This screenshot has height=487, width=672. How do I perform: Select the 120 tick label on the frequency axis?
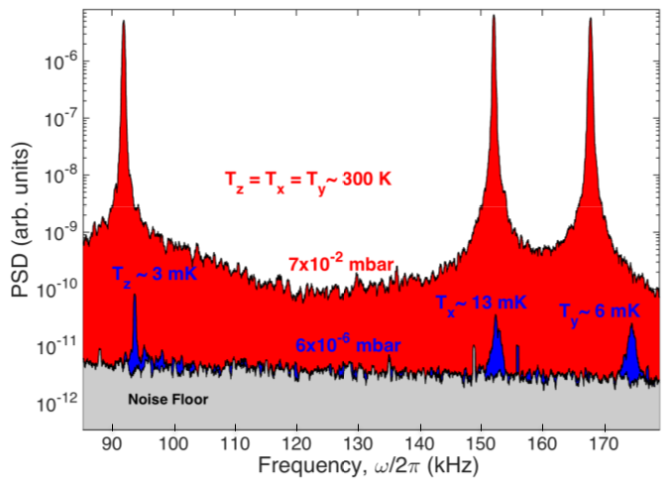[296, 443]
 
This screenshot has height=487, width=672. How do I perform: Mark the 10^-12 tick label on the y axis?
[57, 405]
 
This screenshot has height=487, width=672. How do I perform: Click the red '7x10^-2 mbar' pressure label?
[343, 263]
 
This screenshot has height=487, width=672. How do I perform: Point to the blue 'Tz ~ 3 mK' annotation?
[154, 273]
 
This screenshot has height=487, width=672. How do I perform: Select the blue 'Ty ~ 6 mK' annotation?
[600, 311]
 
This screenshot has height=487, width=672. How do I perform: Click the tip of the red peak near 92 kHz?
[124, 22]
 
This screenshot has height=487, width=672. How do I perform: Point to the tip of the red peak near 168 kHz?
[590, 19]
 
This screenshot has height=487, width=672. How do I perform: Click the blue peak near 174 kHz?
[631, 355]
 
